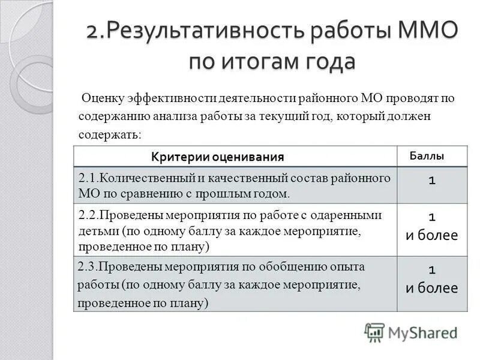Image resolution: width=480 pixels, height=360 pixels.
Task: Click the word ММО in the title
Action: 427,31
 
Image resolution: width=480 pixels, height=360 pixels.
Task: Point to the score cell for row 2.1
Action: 431,181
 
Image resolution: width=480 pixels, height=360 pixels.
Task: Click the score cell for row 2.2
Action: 431,226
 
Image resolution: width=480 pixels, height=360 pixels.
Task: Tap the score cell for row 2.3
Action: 431,278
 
